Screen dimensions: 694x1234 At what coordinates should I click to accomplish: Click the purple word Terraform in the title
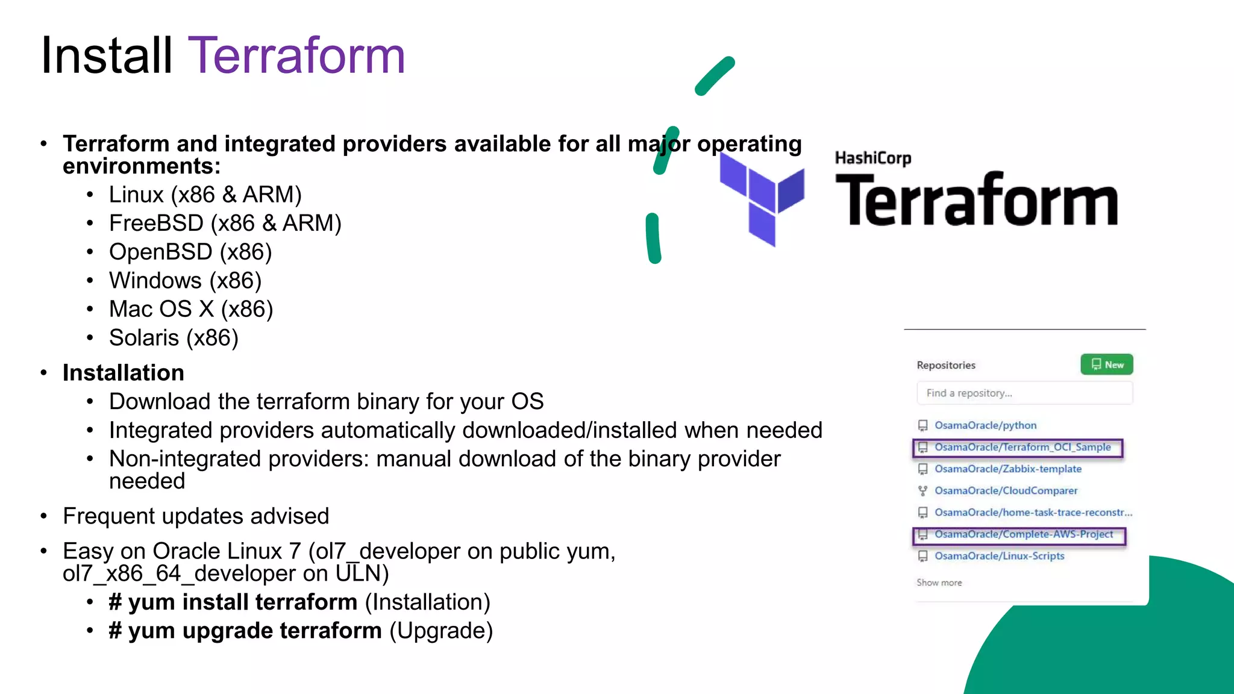coord(296,56)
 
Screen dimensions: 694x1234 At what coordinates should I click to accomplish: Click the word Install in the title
coord(107,56)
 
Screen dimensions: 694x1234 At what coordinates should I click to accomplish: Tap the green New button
coord(1106,364)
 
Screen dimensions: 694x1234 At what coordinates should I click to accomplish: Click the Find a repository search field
coord(1024,393)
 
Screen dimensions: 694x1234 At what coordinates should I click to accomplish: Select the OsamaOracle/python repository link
coord(985,425)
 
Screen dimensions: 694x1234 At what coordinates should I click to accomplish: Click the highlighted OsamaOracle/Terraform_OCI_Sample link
coord(1022,447)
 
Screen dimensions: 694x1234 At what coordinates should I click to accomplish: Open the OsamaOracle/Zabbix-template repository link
coord(1007,469)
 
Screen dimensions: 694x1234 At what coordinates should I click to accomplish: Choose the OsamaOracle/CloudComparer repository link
coord(1006,490)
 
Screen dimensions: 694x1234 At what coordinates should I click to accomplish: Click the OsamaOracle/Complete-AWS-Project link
coord(1023,534)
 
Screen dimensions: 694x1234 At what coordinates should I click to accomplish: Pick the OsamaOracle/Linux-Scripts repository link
coord(999,556)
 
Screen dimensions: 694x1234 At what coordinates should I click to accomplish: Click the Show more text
coord(939,583)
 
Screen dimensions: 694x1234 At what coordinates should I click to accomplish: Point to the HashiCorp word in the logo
coord(872,158)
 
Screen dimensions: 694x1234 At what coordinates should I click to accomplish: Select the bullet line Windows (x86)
coord(185,281)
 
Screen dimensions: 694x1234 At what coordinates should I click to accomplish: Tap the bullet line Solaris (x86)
coord(174,338)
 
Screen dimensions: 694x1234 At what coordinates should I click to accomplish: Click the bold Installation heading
coord(123,373)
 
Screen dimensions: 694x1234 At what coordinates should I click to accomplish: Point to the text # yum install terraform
coord(233,602)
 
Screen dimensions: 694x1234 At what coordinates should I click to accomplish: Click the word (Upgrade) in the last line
coord(441,631)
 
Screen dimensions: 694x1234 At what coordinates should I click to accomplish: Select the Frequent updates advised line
coord(196,516)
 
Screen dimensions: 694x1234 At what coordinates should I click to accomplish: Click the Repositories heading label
coord(945,365)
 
